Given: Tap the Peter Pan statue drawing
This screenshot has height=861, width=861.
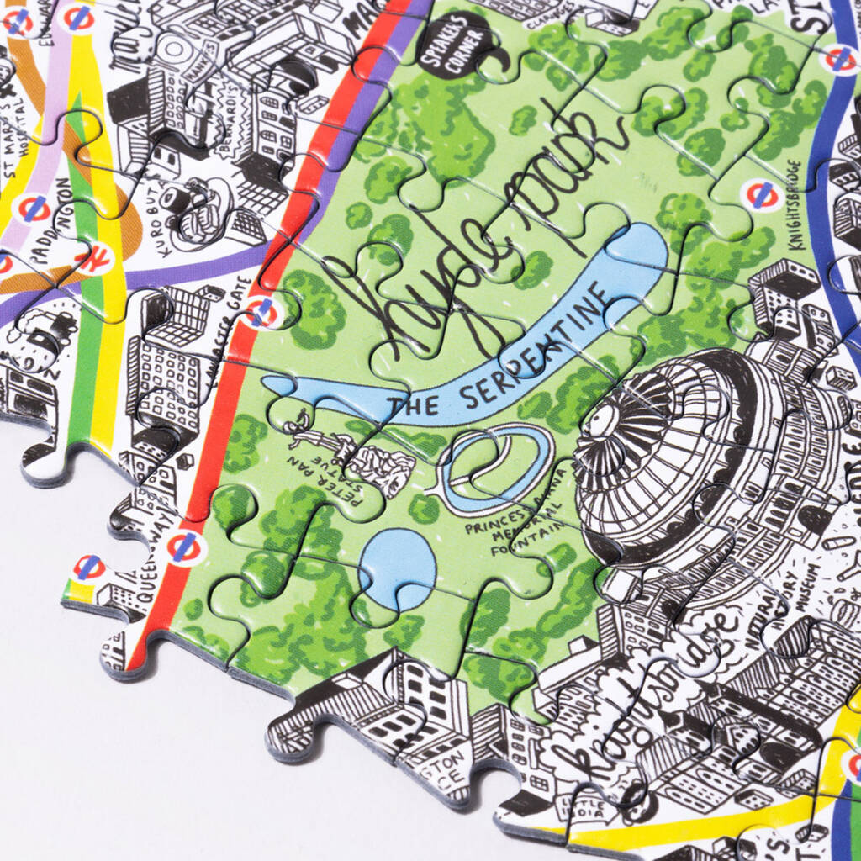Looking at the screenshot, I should [353, 450].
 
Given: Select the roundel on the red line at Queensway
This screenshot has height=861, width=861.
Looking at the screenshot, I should [184, 547].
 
